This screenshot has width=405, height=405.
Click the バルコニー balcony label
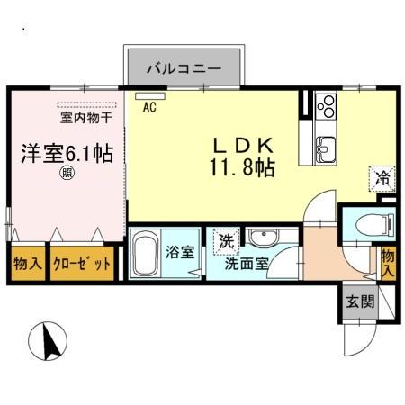click(184, 67)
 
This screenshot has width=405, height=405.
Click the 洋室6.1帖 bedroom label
click(67, 153)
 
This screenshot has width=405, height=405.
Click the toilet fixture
click(366, 226)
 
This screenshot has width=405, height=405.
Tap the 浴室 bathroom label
click(184, 252)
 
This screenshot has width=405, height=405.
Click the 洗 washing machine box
click(226, 240)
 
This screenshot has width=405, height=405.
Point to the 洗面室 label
click(245, 265)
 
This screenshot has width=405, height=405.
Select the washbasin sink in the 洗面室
click(263, 238)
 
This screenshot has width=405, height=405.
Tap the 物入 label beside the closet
click(27, 264)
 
